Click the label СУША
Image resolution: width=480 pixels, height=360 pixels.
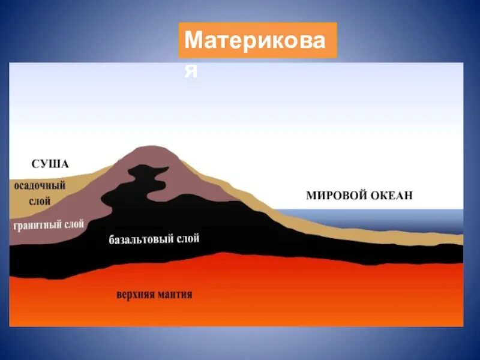pos(50,164)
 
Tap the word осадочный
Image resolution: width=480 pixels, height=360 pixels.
pos(40,187)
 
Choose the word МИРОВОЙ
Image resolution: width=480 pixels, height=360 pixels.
pos(332,196)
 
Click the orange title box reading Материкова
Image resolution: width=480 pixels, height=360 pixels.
pos(257,41)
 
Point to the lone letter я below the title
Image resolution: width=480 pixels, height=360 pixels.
pos(191,70)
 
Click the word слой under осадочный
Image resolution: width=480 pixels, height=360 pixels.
pos(40,202)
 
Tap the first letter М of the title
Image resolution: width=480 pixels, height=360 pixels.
pos(193,41)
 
